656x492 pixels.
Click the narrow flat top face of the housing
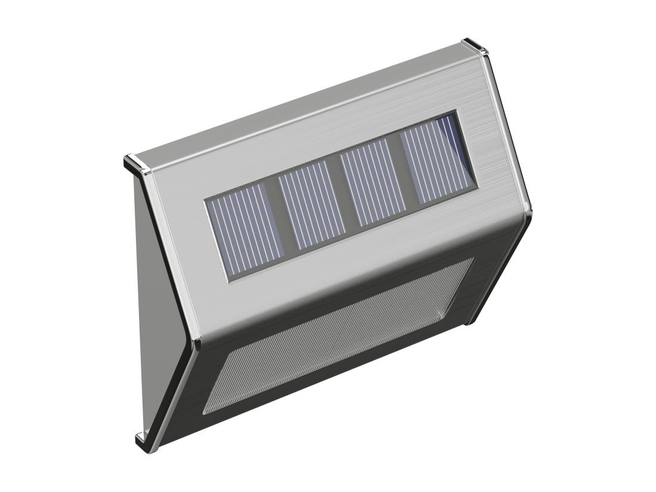point(298,102)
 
